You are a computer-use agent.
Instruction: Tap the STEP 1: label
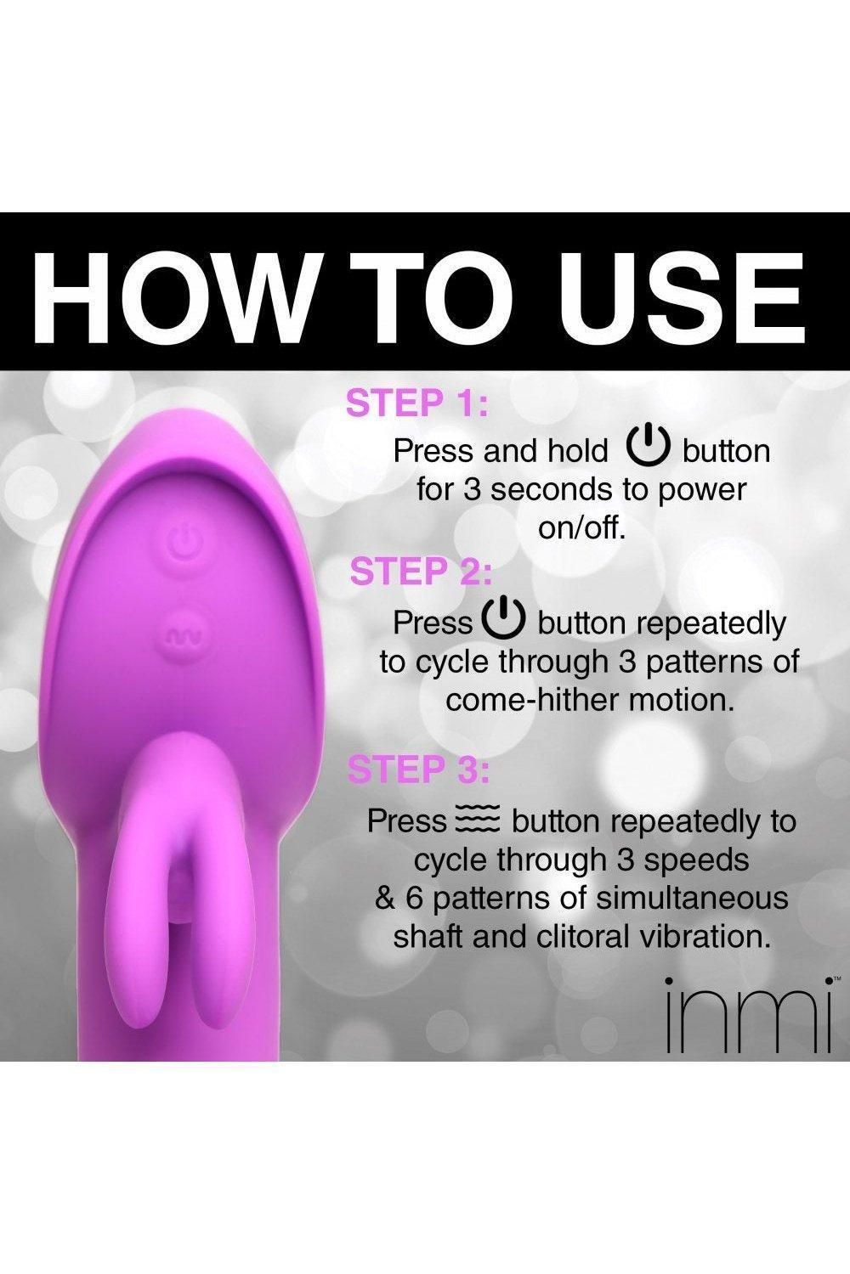(x=417, y=403)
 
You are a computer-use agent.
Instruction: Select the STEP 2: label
(x=420, y=571)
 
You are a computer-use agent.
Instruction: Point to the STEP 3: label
(x=418, y=769)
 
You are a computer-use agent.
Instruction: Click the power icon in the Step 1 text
(x=646, y=448)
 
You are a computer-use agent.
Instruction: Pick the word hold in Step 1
(x=579, y=451)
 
